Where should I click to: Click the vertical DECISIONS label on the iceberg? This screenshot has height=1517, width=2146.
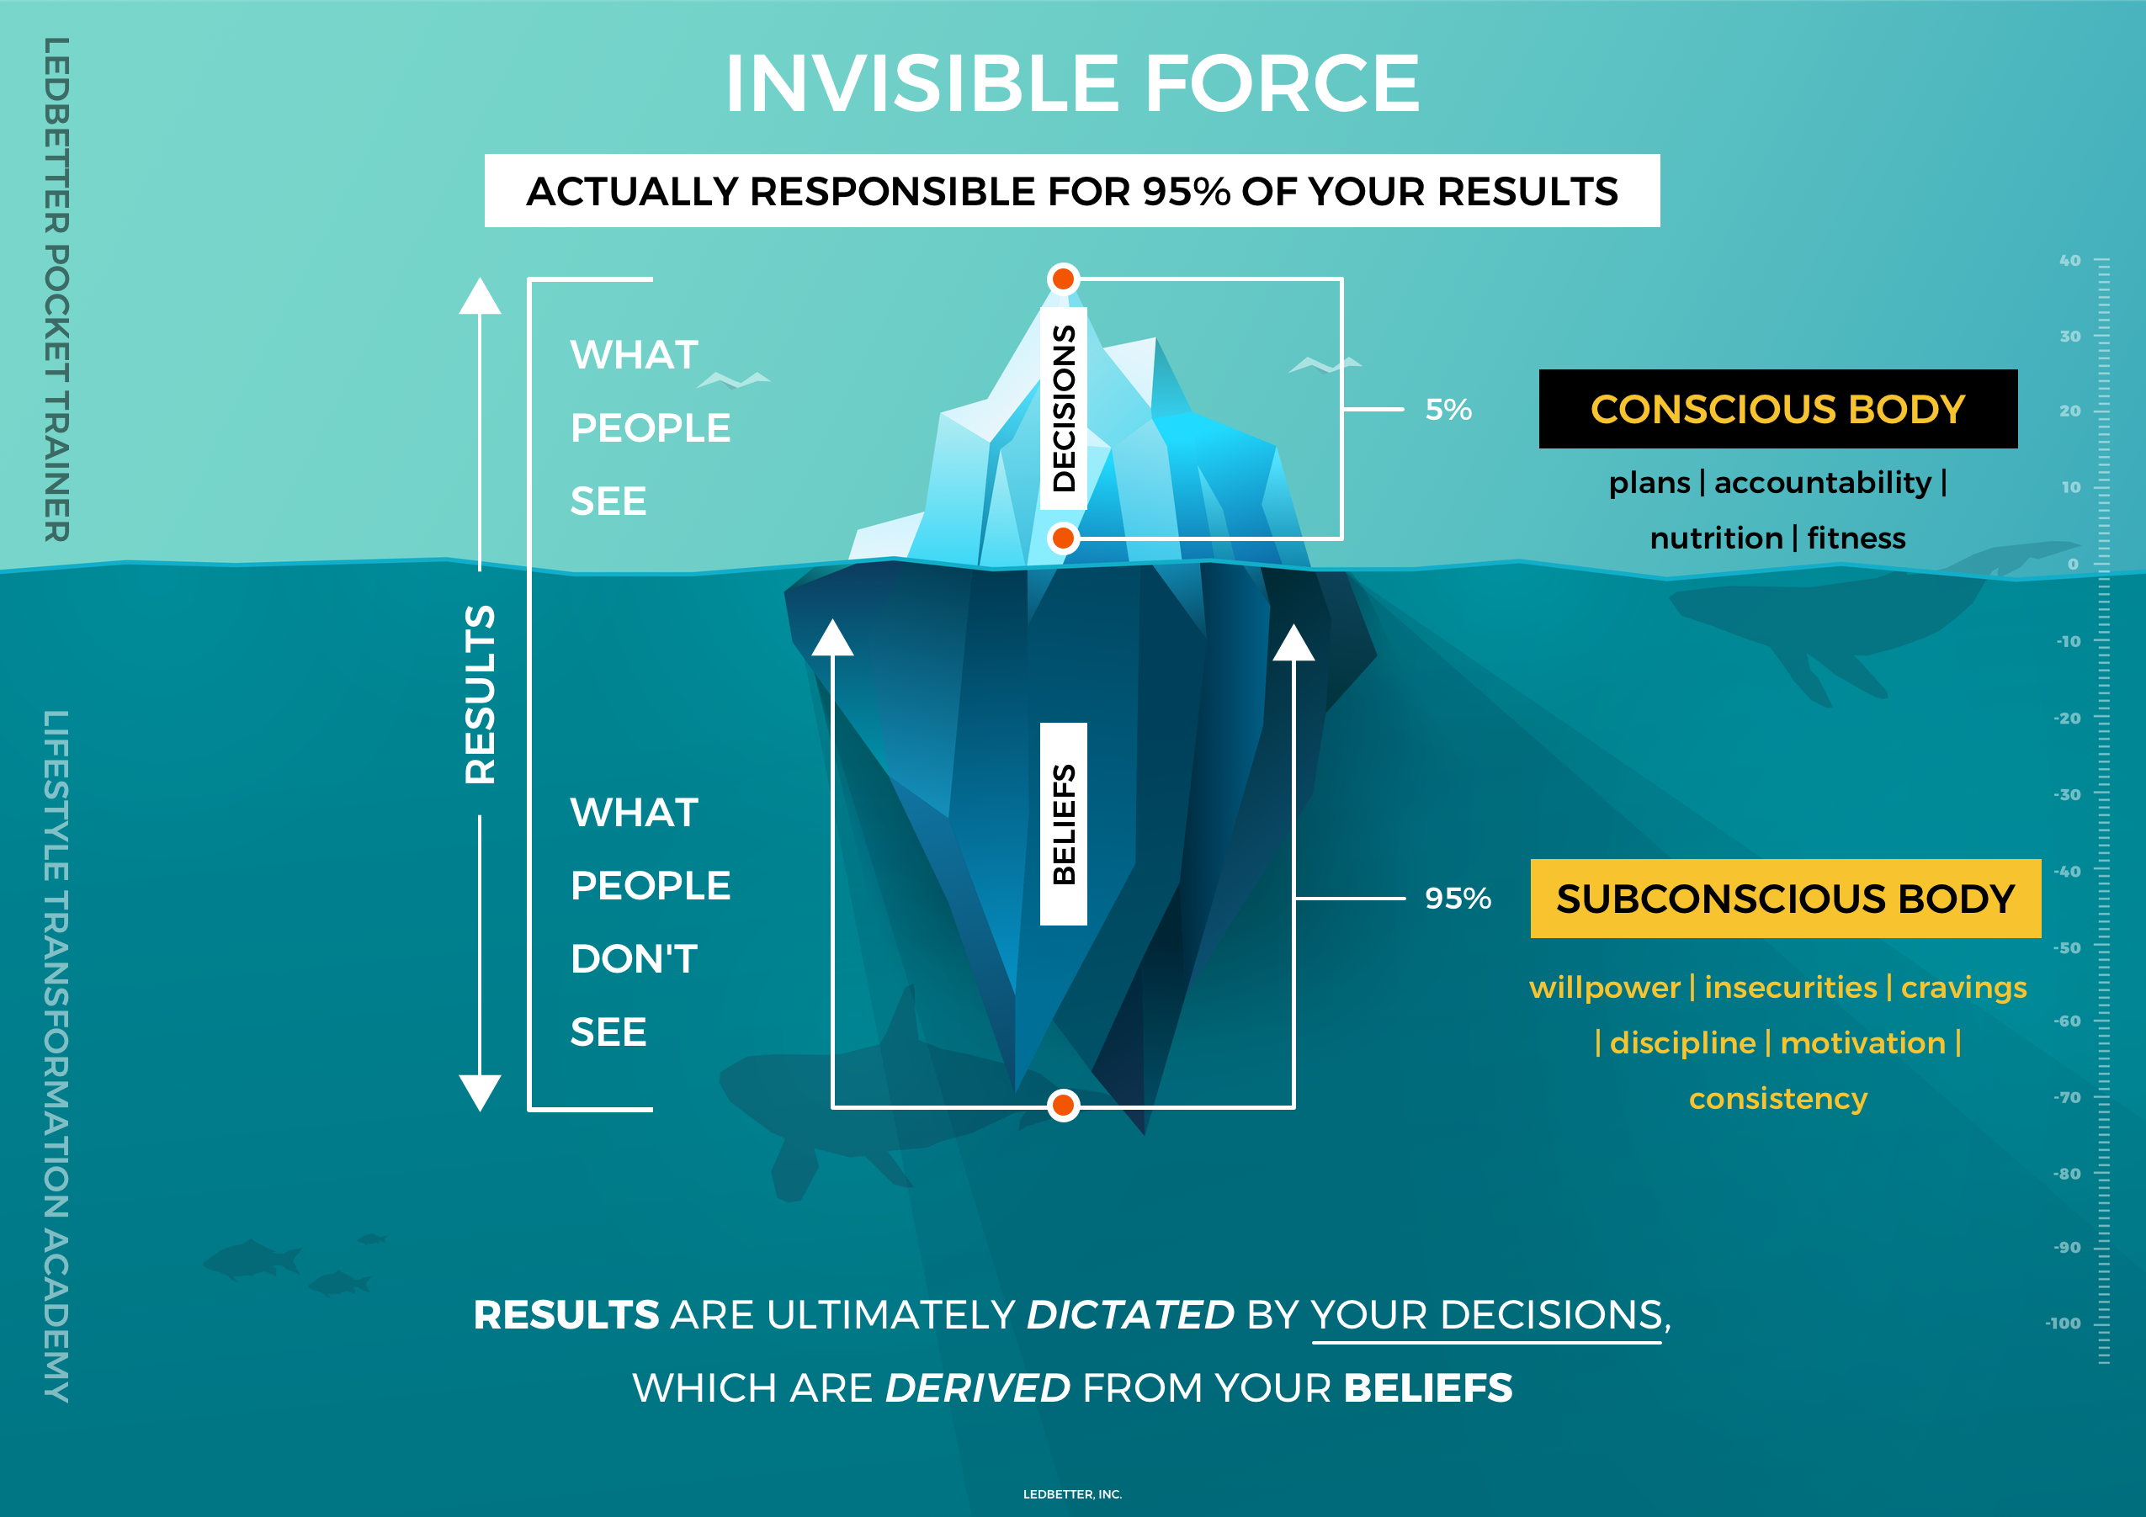[1064, 408]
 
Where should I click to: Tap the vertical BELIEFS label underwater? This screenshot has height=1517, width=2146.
[1064, 824]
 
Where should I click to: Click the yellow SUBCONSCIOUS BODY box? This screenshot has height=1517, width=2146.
[1784, 899]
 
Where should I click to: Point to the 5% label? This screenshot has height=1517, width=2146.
[1447, 410]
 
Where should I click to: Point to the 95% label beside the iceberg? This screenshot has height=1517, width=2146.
[1457, 899]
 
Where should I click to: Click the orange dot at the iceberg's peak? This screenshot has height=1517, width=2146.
[1063, 278]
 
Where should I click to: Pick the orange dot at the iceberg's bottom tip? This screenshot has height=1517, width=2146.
[1063, 1106]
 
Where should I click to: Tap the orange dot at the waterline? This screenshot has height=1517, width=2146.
[1063, 538]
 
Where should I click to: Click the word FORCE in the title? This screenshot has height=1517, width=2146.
[1282, 84]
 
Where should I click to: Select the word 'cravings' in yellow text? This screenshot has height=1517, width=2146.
[1963, 987]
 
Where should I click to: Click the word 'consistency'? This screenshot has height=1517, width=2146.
[1777, 1098]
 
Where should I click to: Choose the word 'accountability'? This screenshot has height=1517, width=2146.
[1822, 482]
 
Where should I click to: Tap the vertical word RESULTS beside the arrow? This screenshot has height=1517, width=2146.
[481, 693]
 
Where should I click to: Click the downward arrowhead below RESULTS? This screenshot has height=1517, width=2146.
[480, 1092]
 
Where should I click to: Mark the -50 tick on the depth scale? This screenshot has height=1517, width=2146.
[2068, 947]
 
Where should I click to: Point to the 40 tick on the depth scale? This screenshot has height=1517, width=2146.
[2070, 261]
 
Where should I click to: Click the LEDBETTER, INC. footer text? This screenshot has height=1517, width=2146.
[1072, 1494]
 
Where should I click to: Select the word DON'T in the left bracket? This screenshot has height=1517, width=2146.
[634, 959]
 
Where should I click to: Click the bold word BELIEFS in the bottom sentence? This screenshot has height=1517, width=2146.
[1427, 1388]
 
